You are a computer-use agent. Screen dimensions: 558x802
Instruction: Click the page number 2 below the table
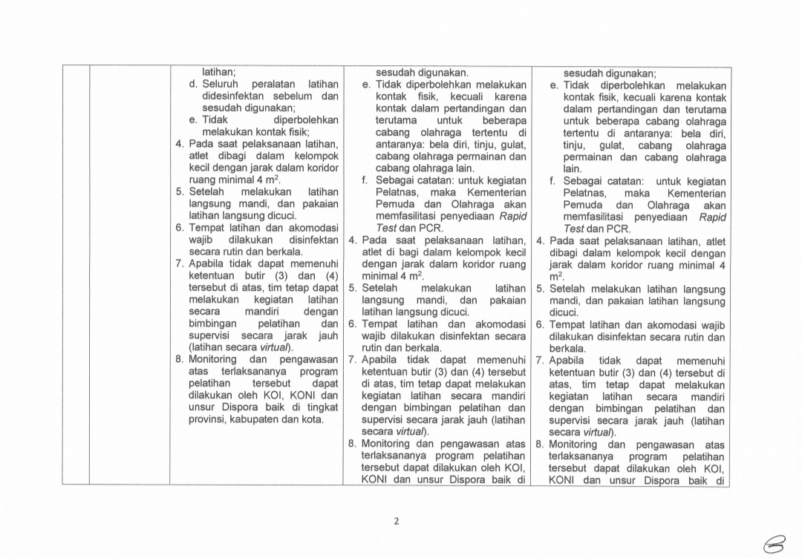(x=396, y=521)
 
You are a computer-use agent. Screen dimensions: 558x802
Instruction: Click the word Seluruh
(x=221, y=85)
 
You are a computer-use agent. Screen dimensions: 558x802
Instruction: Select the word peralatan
(x=276, y=85)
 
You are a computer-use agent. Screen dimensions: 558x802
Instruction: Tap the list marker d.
(x=193, y=85)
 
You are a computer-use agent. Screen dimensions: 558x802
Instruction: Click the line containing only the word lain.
(x=572, y=169)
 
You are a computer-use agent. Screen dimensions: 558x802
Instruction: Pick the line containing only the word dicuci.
(x=564, y=312)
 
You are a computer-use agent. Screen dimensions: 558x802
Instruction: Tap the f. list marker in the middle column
(x=365, y=180)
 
